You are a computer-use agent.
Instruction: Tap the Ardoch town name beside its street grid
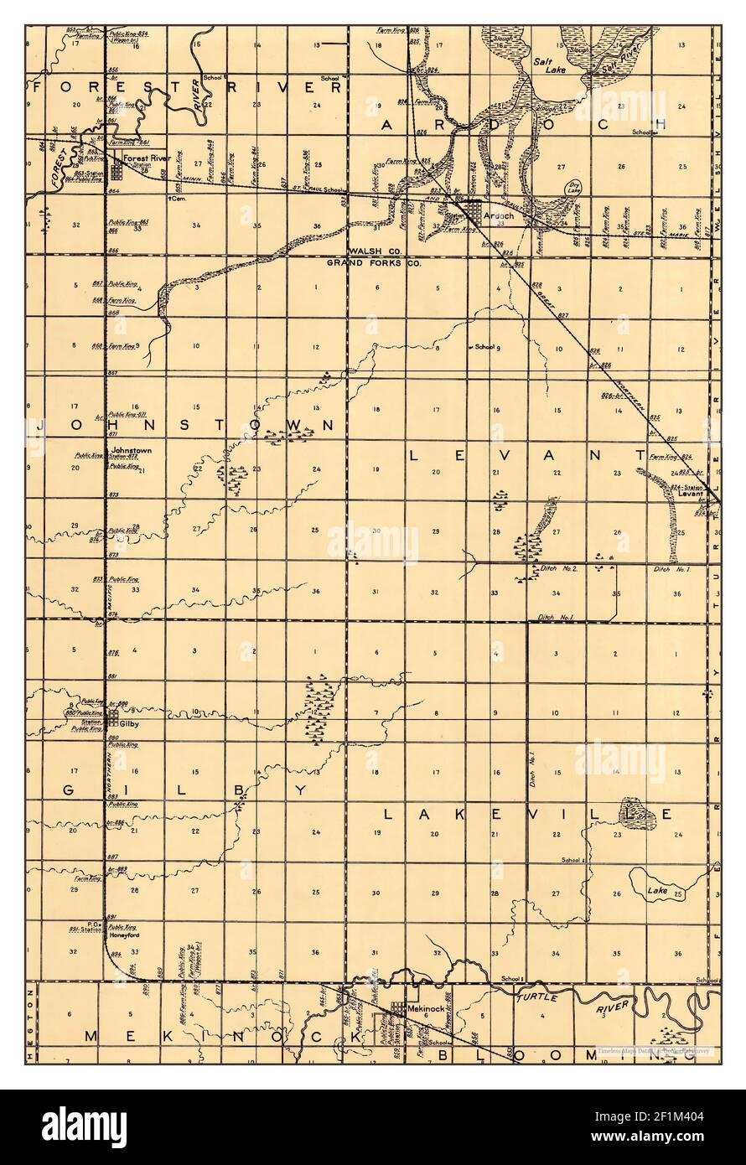pyautogui.click(x=498, y=215)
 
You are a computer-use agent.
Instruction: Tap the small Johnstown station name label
pyautogui.click(x=131, y=450)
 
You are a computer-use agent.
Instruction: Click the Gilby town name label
pyautogui.click(x=129, y=722)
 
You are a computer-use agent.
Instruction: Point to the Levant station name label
pyautogui.click(x=688, y=494)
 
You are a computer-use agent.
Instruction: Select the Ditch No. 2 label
pyautogui.click(x=561, y=569)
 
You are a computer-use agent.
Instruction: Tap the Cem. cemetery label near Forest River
pyautogui.click(x=175, y=199)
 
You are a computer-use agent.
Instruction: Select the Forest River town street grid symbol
pyautogui.click(x=117, y=171)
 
